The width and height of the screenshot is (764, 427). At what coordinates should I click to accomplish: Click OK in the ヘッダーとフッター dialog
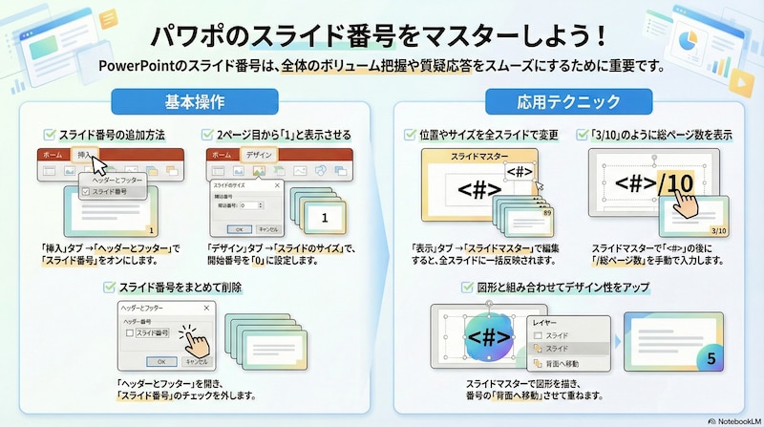pyautogui.click(x=161, y=361)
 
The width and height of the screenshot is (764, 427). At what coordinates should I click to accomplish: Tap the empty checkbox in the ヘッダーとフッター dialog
pyautogui.click(x=132, y=333)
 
